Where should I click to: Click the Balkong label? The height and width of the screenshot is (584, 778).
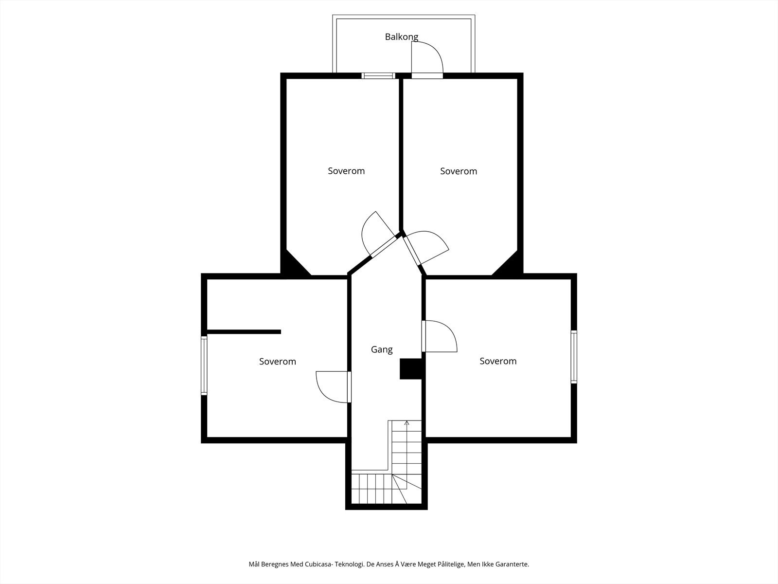402,37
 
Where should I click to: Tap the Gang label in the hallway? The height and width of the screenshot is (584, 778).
382,349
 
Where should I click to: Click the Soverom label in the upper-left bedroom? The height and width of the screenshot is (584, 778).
346,171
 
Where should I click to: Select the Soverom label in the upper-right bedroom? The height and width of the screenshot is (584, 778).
459,171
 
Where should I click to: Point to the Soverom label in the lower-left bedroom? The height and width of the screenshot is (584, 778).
278,361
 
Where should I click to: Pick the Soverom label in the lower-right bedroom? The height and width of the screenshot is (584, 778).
498,361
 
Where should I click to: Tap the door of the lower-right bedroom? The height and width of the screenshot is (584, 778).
439,336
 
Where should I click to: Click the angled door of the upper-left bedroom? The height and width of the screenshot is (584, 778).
378,234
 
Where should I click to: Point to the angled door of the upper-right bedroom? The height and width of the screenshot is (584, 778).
425,248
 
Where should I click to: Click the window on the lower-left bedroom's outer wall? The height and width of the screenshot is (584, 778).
204,365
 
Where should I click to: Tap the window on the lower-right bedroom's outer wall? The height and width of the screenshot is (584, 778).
574,357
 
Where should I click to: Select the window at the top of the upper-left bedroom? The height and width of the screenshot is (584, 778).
378,75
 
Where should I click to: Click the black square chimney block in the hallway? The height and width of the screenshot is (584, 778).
411,369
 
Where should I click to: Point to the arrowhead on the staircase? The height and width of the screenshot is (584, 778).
407,422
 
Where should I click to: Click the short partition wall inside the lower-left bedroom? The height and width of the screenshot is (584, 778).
244,332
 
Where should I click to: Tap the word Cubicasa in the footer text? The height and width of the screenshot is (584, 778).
319,564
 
